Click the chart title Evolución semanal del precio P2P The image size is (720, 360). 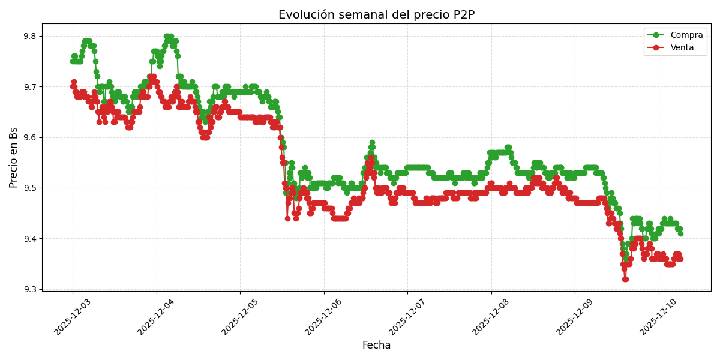pos(376,15)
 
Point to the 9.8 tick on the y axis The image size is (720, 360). pos(28,37)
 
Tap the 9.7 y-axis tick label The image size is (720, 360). pos(28,87)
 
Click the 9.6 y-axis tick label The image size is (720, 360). pos(28,137)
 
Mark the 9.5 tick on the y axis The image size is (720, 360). pos(28,188)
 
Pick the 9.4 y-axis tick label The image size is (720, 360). pos(28,239)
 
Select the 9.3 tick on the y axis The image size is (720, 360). pos(28,289)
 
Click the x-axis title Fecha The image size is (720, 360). pos(376,346)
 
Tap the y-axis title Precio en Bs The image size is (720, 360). pos(14,157)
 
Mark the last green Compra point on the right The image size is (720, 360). pos(680,233)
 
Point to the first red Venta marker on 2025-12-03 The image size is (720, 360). pos(73,86)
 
